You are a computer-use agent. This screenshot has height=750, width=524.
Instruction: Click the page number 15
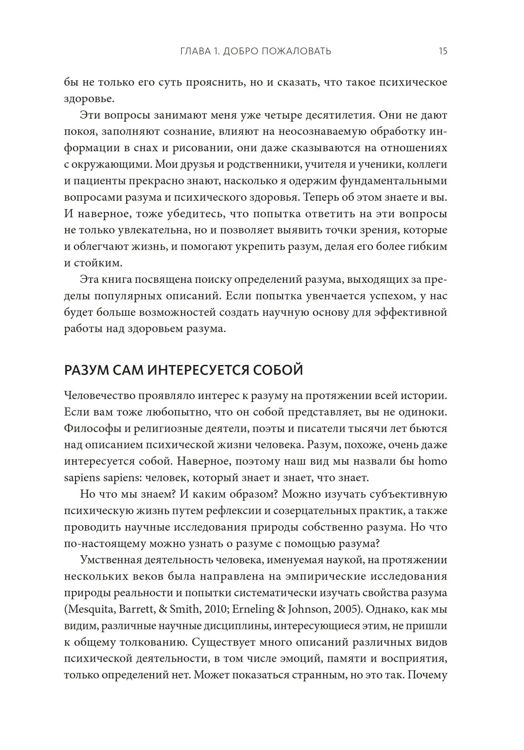coord(443,51)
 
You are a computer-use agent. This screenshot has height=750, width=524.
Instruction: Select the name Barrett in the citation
coord(136,609)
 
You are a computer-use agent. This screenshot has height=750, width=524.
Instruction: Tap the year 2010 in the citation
coord(216,609)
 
